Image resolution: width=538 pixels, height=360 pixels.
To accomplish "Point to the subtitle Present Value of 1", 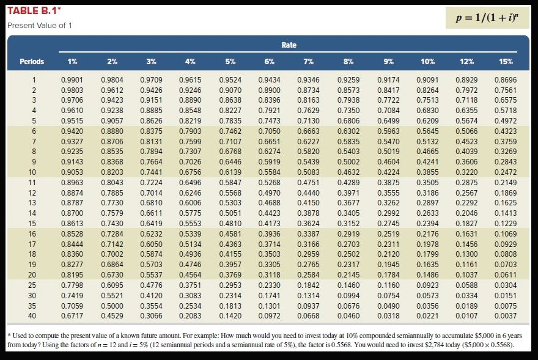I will point(39,25).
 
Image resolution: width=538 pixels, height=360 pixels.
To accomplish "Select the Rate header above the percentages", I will point(289,45).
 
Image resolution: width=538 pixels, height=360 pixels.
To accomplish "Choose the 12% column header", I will point(466,61).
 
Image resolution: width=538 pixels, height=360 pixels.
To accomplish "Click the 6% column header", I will point(270,61).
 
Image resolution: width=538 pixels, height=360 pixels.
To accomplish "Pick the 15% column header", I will point(506,61).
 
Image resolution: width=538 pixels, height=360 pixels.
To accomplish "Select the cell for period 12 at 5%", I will point(230,193).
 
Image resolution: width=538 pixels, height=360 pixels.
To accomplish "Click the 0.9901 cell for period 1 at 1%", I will point(72,79).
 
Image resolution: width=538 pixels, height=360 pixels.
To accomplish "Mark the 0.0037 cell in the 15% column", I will point(506,316).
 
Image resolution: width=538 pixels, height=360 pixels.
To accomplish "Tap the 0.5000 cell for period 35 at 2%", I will point(111,306).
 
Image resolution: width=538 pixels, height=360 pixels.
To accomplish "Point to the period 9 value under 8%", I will point(348,161).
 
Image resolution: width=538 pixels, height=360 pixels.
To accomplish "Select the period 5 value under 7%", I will point(308,120).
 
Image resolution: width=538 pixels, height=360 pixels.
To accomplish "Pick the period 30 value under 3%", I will point(151,295).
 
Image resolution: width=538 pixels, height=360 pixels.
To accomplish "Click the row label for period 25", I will point(34,285).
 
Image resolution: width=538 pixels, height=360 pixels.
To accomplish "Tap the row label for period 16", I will point(34,233).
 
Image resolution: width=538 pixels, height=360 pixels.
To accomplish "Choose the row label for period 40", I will point(34,316).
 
